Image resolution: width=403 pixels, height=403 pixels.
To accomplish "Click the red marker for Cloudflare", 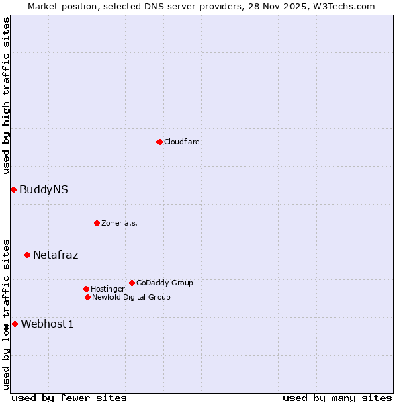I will pos(159,142).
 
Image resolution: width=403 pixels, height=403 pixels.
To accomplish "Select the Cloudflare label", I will pos(182,142).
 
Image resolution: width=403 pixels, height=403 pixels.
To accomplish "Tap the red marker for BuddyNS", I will pos(13,189).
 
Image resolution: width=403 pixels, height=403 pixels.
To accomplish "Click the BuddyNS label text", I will pos(44,189).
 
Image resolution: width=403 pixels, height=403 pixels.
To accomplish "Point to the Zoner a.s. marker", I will pos(97,223).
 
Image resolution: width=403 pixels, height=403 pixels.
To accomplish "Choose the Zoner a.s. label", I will pos(120,223).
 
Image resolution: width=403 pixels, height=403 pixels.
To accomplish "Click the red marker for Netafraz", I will pos(27,255).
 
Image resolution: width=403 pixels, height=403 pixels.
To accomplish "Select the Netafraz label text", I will pos(55,255).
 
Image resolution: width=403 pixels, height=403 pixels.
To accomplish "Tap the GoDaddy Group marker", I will pos(132,283).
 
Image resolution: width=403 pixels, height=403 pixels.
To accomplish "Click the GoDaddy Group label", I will pos(165,283).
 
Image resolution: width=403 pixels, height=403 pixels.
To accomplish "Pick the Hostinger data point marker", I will pos(86,289).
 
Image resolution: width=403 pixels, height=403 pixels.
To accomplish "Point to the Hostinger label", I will pos(107,289).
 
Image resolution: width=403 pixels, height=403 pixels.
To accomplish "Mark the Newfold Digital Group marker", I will pos(87,297).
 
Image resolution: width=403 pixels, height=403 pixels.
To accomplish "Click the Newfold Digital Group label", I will pos(131,297).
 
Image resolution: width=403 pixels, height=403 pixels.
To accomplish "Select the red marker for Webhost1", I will pos(15,324).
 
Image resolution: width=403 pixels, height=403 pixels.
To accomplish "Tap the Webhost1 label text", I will pos(47,324).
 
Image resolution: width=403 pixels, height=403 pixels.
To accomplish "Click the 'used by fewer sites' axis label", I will pos(69,398).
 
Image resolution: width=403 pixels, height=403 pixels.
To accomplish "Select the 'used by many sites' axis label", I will pos(337,398).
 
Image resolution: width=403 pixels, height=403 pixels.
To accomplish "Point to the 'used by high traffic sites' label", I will pos(6,95).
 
